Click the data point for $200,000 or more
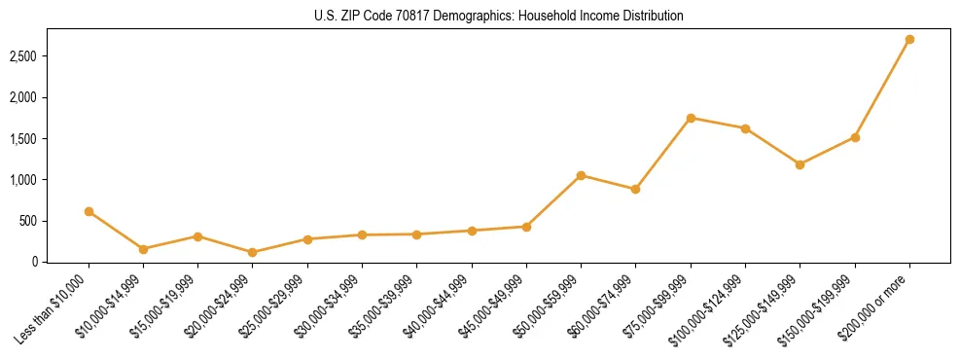point(909,40)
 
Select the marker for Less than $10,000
point(89,211)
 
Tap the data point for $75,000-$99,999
point(691,118)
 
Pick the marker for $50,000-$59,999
point(581,175)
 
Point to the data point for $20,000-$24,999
point(253,252)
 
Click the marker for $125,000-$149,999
point(800,164)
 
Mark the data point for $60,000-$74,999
point(635,189)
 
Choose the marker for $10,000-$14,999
point(143,249)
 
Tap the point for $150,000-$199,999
point(855,137)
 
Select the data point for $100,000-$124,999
point(745,128)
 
